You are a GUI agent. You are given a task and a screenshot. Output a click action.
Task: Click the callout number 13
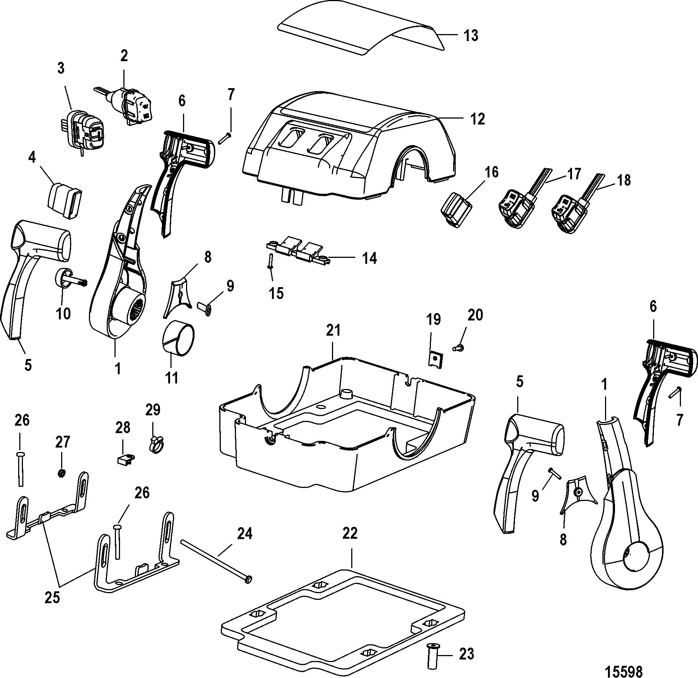[471, 36]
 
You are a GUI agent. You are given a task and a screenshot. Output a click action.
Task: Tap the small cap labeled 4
[65, 198]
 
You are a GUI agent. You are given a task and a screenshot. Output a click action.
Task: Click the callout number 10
[63, 313]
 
